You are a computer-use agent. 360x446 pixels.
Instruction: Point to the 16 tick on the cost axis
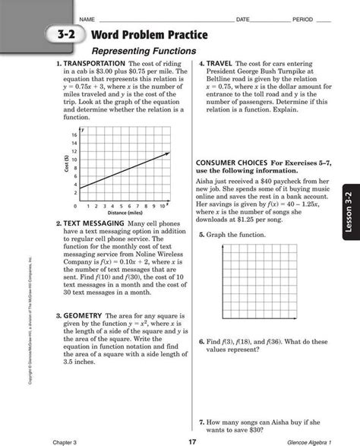pyautogui.click(x=74, y=134)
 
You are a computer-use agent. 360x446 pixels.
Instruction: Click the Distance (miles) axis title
pyautogui.click(x=122, y=214)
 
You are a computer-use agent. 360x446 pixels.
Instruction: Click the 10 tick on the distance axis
pyautogui.click(x=163, y=206)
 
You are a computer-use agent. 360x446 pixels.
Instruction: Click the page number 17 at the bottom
pyautogui.click(x=193, y=439)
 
